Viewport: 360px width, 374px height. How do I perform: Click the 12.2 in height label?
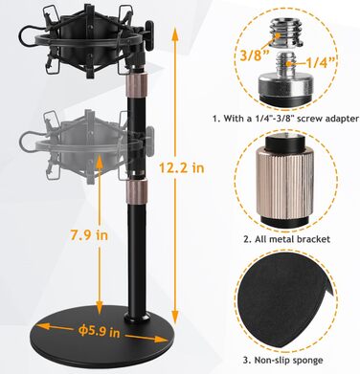181,166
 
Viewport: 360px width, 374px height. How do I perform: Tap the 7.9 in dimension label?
89,235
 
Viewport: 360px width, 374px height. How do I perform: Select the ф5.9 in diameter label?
100,331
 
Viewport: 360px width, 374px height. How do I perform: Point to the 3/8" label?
255,55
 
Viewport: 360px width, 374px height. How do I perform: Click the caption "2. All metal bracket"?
287,239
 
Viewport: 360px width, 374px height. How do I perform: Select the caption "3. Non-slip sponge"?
282,361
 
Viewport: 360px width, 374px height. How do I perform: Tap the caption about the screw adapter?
286,119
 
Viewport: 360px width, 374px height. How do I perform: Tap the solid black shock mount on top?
86,41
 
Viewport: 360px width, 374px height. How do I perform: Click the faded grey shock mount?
86,147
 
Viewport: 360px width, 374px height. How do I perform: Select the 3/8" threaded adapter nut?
285,33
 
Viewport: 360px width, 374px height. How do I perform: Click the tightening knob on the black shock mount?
149,30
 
